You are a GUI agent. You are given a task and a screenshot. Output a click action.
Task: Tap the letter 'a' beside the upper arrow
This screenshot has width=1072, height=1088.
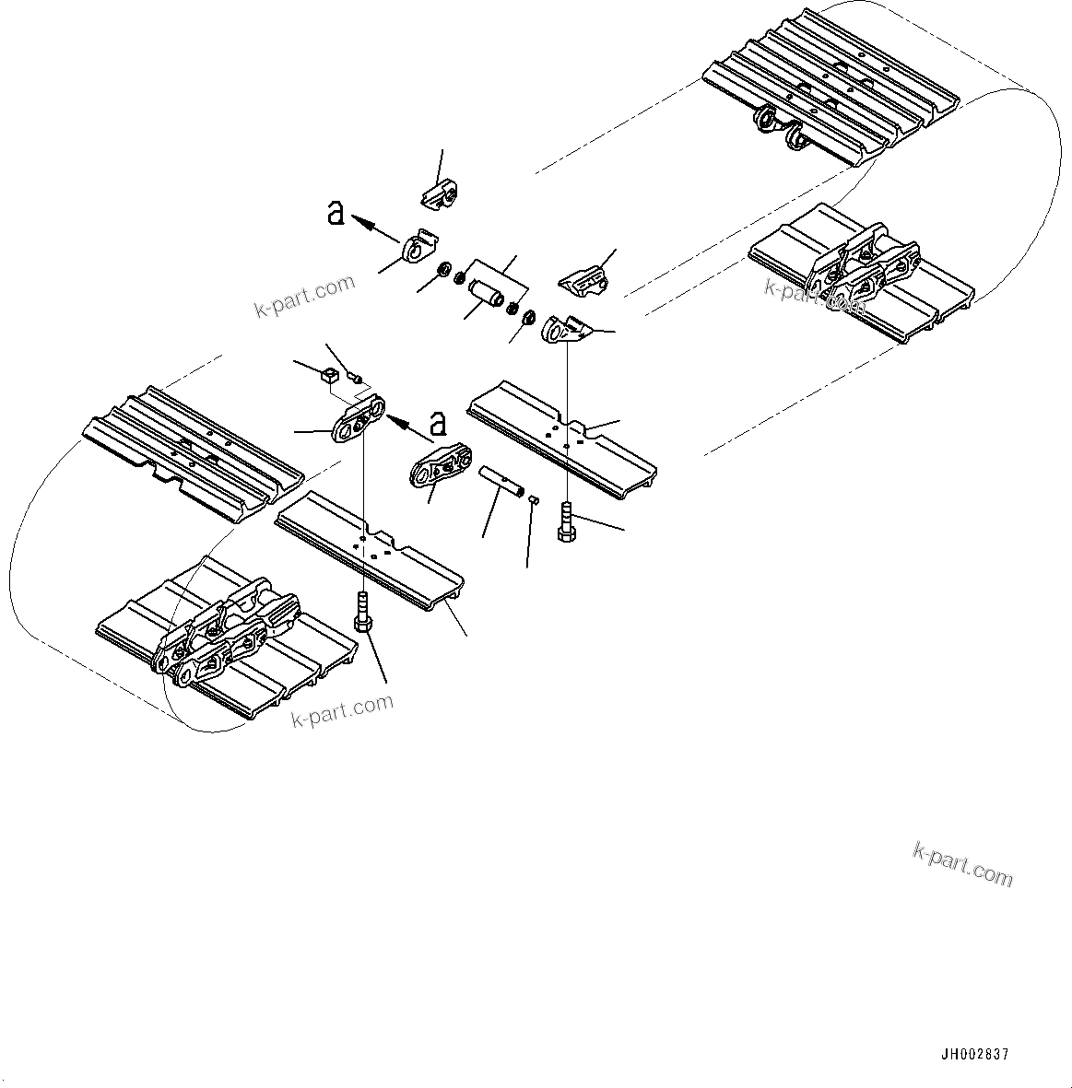tap(336, 214)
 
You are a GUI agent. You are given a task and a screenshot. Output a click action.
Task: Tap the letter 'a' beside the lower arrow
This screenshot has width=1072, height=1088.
tap(439, 424)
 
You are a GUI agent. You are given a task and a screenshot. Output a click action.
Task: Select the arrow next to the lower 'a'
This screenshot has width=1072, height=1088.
tap(407, 425)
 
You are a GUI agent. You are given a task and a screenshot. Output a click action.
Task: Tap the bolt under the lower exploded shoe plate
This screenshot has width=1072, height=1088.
tap(362, 611)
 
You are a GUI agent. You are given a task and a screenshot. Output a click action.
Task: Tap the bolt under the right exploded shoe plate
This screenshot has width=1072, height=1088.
tap(566, 521)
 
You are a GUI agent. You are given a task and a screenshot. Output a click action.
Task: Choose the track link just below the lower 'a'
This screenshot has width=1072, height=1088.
tap(440, 466)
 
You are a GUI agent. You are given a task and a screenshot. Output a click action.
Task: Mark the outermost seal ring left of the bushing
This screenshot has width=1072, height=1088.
tap(443, 271)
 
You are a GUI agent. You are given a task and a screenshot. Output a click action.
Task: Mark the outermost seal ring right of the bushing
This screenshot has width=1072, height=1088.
tap(529, 319)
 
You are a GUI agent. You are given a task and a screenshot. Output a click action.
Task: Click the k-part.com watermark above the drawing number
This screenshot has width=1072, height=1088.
tap(962, 863)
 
